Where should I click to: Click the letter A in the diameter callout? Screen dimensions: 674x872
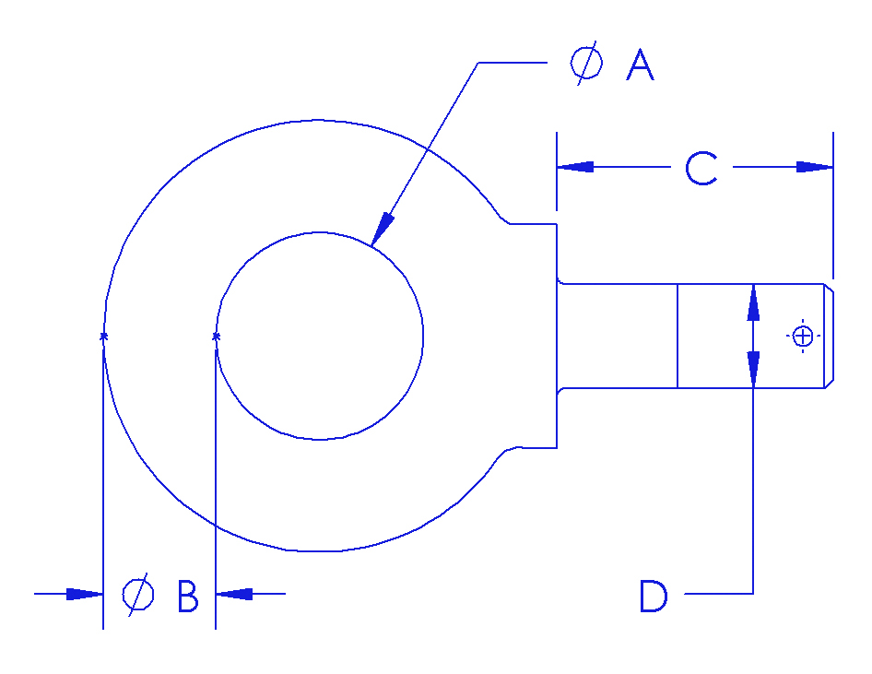click(x=640, y=65)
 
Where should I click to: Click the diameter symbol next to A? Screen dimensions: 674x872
click(x=587, y=64)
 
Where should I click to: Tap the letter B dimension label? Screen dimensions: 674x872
click(x=188, y=597)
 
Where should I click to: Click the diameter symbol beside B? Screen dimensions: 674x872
click(x=138, y=595)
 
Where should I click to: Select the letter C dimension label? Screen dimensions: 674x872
click(x=701, y=169)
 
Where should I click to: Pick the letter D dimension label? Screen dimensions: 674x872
click(x=654, y=597)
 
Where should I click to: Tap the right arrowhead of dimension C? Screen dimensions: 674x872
click(x=814, y=167)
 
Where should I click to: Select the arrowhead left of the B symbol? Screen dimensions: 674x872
click(x=85, y=594)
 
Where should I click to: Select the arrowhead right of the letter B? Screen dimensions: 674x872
click(x=233, y=594)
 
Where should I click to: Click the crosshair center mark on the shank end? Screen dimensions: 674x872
click(x=803, y=337)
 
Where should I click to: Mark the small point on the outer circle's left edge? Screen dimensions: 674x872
click(x=103, y=336)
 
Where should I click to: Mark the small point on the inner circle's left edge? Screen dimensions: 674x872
click(x=216, y=336)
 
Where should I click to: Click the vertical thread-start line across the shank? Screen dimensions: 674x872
click(x=678, y=337)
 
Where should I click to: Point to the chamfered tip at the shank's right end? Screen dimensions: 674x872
click(x=829, y=337)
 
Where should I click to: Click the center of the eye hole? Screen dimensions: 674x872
click(x=320, y=337)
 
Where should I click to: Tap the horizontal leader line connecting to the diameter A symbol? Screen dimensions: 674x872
click(x=512, y=63)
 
